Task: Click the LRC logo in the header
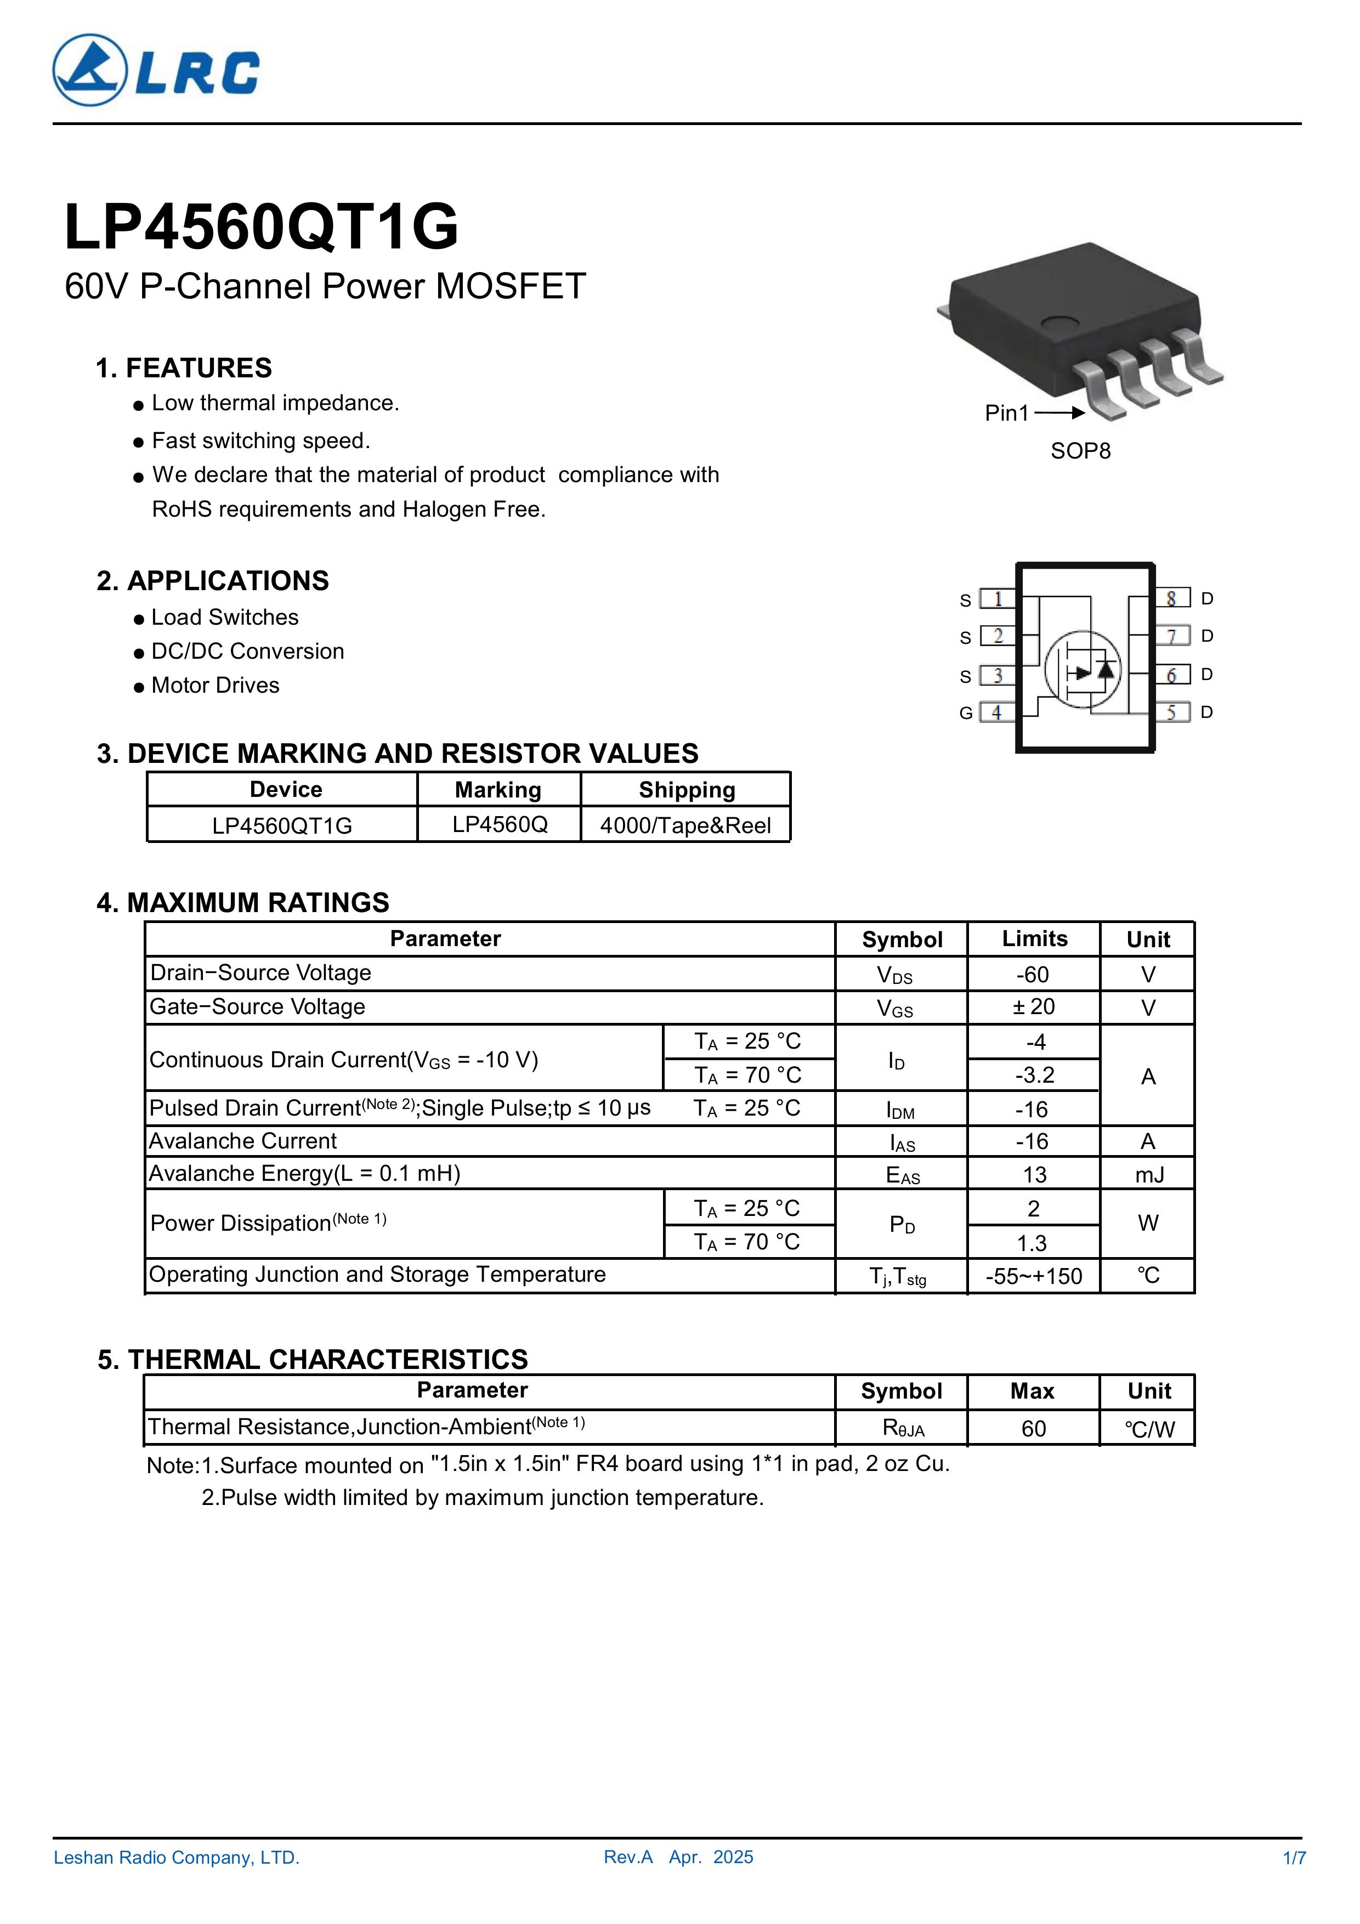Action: click(x=156, y=70)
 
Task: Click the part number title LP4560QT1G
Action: click(x=262, y=227)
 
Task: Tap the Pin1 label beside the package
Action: click(x=1006, y=412)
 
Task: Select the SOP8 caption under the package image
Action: click(x=1080, y=451)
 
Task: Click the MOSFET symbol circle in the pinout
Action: click(x=1083, y=669)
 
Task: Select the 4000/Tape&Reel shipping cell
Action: click(x=685, y=825)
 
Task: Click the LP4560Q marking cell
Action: click(x=500, y=824)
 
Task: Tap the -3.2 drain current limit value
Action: click(x=1034, y=1075)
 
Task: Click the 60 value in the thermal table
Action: click(x=1033, y=1429)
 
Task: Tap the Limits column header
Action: click(x=1034, y=938)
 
